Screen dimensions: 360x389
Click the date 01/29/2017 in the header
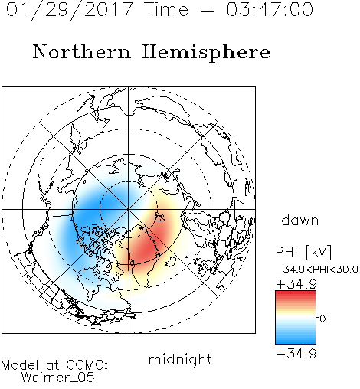70,10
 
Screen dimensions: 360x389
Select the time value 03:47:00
270,10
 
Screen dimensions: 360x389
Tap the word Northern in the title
82,51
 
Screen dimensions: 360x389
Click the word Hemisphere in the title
206,53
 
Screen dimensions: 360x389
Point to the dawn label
300,220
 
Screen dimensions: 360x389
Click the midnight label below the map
180,359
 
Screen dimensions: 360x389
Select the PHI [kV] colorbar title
303,252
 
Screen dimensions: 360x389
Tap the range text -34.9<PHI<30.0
317,270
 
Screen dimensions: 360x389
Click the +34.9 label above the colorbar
296,284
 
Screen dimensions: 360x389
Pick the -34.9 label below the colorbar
296,354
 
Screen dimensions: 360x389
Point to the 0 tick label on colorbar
322,319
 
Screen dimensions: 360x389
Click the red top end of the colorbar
296,293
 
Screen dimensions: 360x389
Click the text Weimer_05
58,378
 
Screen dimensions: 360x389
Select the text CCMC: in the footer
87,365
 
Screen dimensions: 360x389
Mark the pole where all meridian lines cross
129,209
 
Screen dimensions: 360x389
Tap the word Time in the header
166,10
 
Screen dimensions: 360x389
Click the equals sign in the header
207,10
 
